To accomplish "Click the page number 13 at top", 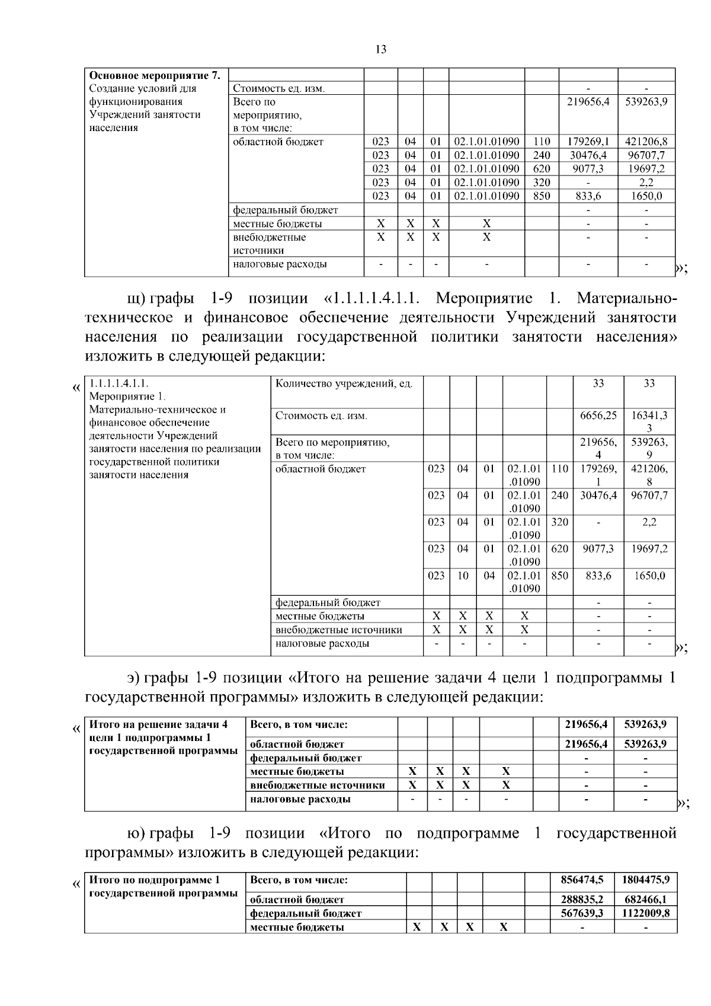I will [381, 50].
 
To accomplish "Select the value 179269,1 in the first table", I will [588, 142].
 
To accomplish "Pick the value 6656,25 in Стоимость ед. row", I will [598, 416].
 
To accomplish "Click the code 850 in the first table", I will [542, 196].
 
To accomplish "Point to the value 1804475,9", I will [645, 880].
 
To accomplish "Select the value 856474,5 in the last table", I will [586, 880].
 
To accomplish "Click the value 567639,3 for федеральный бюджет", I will [586, 914].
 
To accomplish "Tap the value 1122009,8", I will [645, 914].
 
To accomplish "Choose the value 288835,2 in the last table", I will [586, 900].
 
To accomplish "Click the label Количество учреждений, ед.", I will [344, 384].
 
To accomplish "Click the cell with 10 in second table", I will [462, 576].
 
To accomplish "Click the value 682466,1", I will [645, 900].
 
